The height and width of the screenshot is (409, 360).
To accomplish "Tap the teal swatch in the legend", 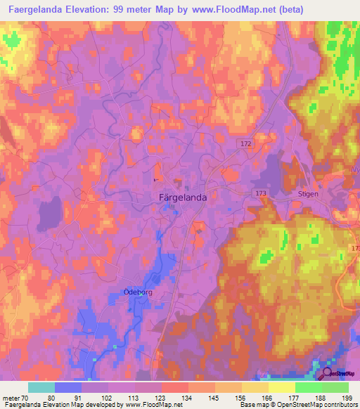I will [x=41, y=387].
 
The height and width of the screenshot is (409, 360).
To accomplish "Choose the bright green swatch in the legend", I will [x=309, y=387].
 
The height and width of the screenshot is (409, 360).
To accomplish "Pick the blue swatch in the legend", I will [x=67, y=387].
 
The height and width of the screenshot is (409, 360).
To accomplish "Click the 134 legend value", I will [x=188, y=398].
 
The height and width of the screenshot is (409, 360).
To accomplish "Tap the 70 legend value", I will [x=26, y=398].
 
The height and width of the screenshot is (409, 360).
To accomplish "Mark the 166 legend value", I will [x=268, y=398].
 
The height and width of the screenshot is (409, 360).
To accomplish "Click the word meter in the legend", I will [x=11, y=398].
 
